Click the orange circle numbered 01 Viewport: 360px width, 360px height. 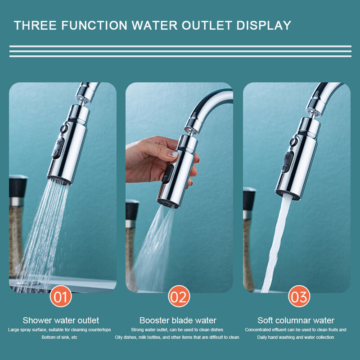tap(61, 296)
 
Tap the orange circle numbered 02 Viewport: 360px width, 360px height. tap(179, 296)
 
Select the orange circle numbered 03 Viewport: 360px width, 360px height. tap(299, 296)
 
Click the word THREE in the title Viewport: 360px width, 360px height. tap(35, 25)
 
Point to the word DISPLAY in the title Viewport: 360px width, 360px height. tap(264, 25)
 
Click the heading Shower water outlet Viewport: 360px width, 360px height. tap(61, 320)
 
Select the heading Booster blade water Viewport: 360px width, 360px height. tap(178, 320)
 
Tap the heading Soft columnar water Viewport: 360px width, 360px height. tap(296, 320)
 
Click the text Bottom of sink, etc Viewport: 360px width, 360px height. tap(59, 337)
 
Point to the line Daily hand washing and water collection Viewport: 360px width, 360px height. tap(296, 337)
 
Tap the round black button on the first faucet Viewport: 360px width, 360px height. tap(63, 128)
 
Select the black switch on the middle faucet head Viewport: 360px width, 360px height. tap(167, 174)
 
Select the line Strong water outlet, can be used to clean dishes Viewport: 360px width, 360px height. tap(177, 330)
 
